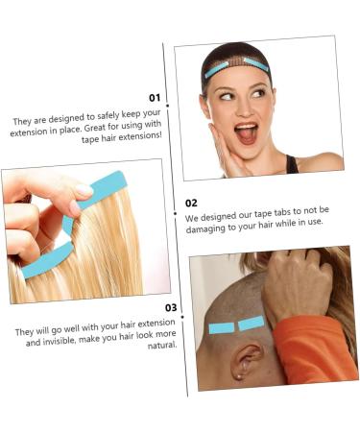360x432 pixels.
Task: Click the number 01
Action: coord(154,98)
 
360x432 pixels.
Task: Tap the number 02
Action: coord(191,203)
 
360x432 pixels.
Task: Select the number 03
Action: coord(171,307)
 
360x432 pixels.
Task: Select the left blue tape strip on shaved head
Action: coord(221,328)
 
